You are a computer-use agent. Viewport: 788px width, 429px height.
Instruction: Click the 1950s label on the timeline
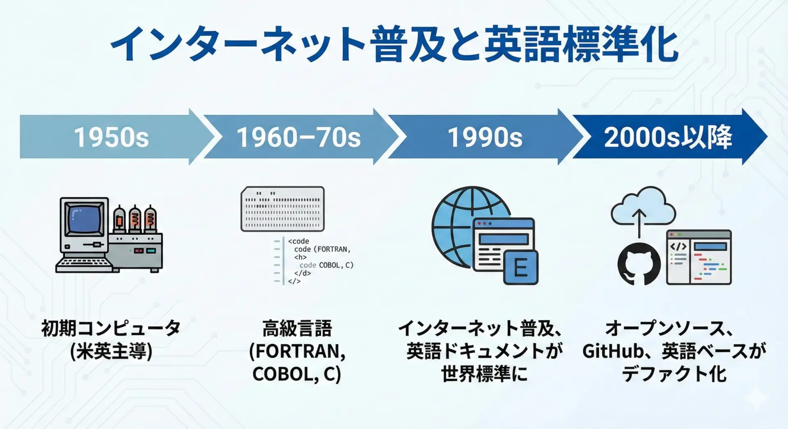[111, 137]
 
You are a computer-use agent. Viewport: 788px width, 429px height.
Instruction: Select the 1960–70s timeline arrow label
[298, 137]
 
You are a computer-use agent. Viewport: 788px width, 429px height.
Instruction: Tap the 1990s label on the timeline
[485, 137]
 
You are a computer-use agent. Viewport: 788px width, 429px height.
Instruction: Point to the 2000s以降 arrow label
[668, 137]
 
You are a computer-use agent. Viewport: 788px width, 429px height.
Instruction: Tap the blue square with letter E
[521, 268]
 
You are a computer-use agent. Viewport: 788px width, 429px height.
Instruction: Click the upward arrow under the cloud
[639, 223]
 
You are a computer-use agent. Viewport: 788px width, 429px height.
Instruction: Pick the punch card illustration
[282, 209]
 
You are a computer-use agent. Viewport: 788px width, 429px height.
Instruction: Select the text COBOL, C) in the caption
[297, 374]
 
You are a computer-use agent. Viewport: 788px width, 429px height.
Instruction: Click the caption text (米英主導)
[111, 352]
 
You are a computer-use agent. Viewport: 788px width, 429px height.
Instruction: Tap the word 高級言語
[297, 328]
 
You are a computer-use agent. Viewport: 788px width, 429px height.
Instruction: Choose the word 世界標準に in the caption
[484, 374]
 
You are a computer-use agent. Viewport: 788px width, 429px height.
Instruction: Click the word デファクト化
[674, 374]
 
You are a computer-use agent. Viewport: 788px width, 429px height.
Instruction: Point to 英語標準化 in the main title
[581, 44]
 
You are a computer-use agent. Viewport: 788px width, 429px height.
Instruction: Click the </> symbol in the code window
[678, 247]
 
